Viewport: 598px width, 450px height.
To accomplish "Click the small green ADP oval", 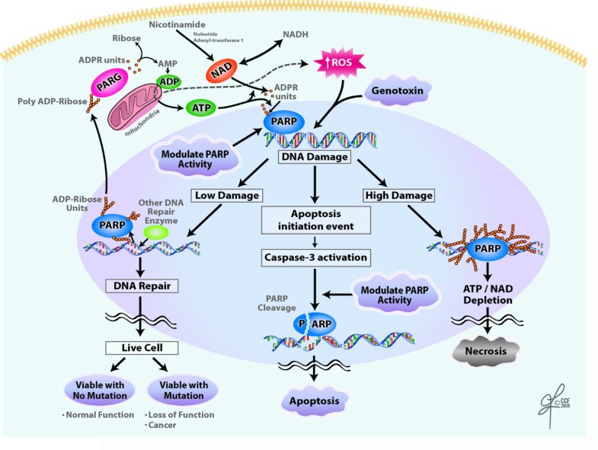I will click(x=169, y=81).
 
